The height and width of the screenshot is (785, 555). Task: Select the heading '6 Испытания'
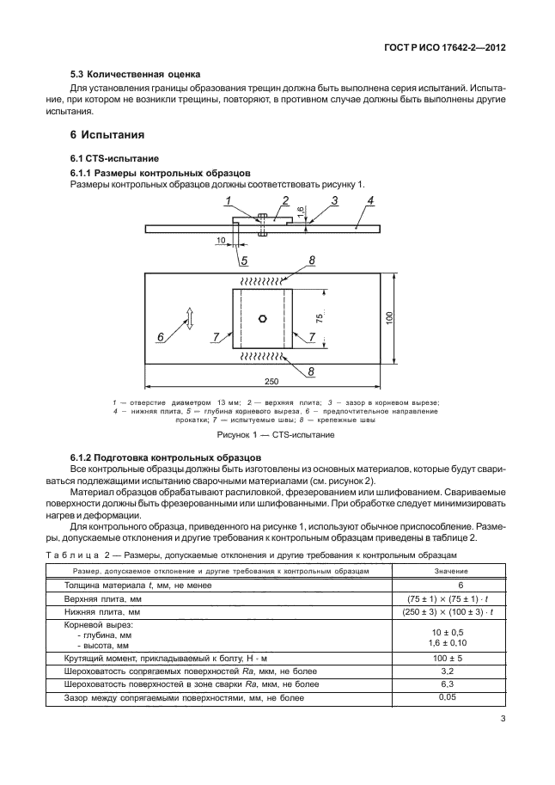click(x=106, y=135)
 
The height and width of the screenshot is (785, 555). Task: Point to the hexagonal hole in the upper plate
click(x=263, y=317)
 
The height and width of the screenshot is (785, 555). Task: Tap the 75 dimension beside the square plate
click(x=319, y=317)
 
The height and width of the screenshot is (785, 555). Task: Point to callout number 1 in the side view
click(x=229, y=202)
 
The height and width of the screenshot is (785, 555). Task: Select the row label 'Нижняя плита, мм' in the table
click(x=101, y=610)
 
